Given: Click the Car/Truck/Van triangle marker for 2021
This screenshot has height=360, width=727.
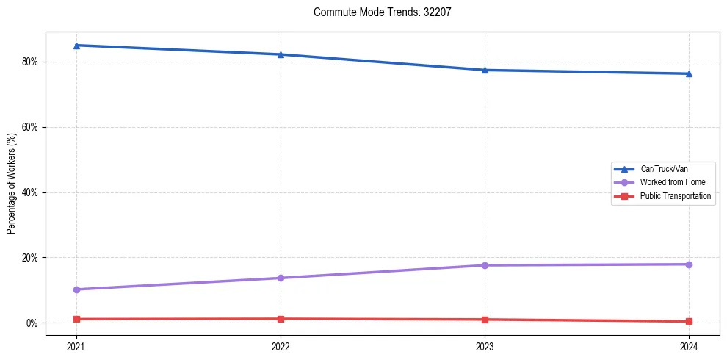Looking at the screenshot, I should coord(76,46).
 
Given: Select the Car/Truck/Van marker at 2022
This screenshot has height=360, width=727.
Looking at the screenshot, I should coord(281,54).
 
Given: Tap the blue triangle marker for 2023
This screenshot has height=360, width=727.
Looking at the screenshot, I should coord(485,70).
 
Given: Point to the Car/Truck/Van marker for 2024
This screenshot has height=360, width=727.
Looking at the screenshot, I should coord(689,73).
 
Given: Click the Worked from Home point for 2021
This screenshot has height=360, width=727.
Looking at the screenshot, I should coord(76,289).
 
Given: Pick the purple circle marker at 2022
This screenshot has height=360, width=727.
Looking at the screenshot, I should coord(281,278).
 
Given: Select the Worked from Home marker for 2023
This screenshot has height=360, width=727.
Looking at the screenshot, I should coord(485,265).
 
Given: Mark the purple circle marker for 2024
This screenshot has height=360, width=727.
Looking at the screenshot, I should coord(689,264).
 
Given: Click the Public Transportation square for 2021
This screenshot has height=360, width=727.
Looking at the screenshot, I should coord(76,319).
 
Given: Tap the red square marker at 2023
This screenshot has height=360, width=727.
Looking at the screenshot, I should coord(485,320).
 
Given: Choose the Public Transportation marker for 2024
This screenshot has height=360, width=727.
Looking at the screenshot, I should coord(689,321).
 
